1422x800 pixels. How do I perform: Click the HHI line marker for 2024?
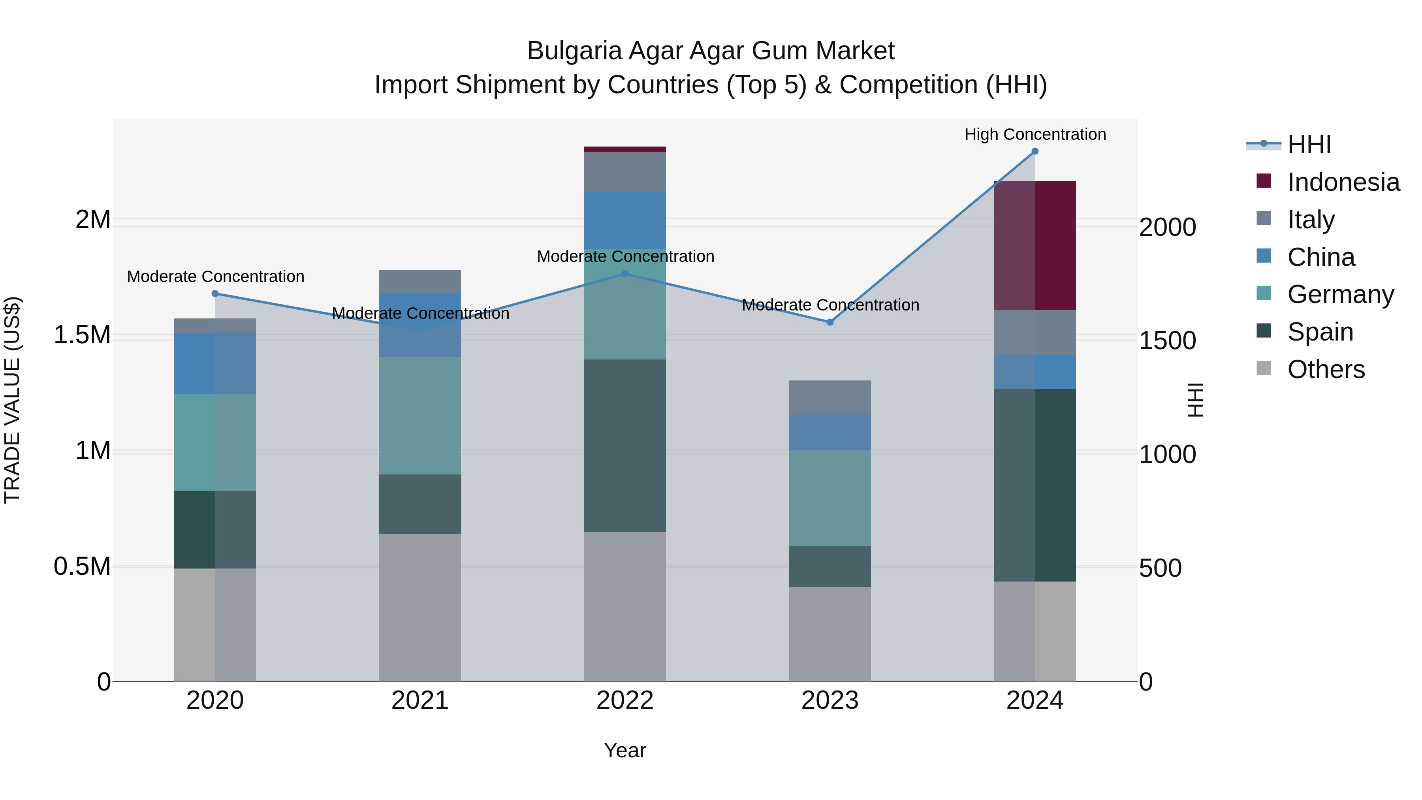click(x=1035, y=151)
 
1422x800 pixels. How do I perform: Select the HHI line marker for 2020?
click(x=215, y=294)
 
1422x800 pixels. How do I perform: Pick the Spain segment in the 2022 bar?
click(x=625, y=446)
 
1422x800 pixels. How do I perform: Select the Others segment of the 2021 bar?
click(x=420, y=607)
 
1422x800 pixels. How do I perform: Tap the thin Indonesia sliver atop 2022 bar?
click(x=625, y=149)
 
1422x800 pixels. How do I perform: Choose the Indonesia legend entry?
click(x=1343, y=182)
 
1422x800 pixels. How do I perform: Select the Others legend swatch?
click(x=1264, y=368)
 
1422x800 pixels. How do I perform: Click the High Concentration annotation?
click(x=1035, y=134)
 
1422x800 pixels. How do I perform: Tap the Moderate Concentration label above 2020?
click(x=215, y=277)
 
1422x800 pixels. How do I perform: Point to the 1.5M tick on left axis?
click(x=82, y=335)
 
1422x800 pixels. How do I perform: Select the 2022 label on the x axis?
click(x=625, y=700)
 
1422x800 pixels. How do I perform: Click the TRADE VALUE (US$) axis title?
click(x=12, y=400)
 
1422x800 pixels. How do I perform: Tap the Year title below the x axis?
click(x=625, y=750)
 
